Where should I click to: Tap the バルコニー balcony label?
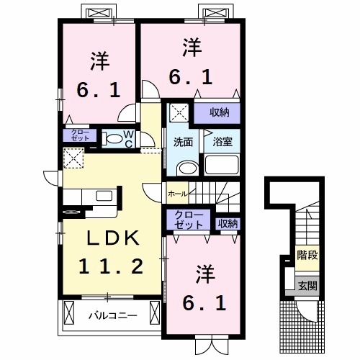[x=108, y=315]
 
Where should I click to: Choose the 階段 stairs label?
[x=307, y=256]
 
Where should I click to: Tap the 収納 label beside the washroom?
[x=220, y=112]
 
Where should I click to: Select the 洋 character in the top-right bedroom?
[x=191, y=48]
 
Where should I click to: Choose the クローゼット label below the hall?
[x=189, y=220]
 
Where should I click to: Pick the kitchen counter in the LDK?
[x=86, y=197]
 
